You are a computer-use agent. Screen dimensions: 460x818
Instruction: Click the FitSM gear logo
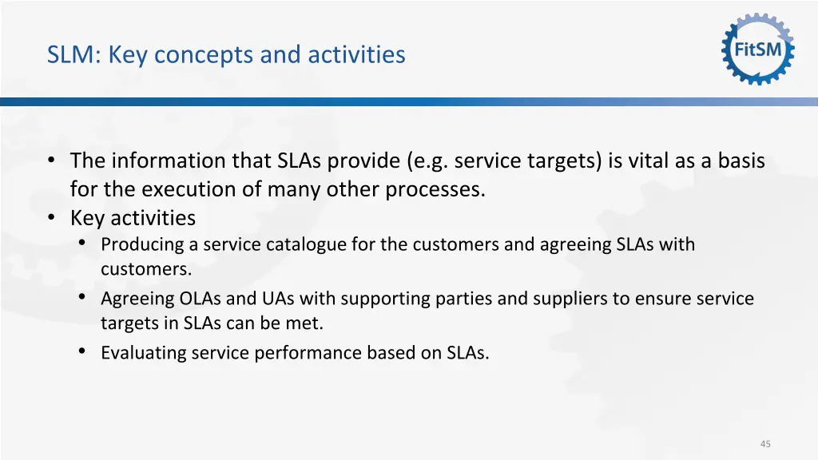pos(758,49)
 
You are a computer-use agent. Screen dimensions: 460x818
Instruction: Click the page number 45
pos(765,444)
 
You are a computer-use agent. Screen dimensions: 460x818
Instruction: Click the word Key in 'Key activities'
pos(87,218)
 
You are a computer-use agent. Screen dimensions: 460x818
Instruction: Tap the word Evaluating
pos(144,352)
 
